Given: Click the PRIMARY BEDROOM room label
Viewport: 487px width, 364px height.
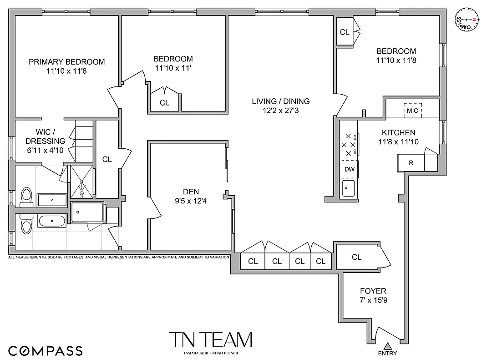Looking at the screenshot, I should point(66,62).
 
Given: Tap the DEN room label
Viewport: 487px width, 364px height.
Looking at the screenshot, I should point(192,192).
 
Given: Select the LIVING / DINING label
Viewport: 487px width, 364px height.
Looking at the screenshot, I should point(280,101).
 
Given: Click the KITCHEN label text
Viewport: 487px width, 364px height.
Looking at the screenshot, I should point(398,132).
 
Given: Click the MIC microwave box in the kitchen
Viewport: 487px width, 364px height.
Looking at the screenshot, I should point(412,111).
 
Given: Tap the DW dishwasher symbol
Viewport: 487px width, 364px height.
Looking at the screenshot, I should point(350,169).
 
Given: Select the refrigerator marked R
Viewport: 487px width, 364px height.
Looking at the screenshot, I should point(411,162).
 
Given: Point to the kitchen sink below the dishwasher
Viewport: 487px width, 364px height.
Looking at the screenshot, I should point(349,188).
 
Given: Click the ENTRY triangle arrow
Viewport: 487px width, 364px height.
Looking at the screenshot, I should point(387,346).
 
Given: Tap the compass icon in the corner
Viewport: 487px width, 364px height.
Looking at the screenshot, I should point(468,20).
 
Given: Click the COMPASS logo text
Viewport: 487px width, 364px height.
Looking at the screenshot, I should point(46,351).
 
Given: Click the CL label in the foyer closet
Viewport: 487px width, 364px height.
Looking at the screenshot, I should point(356,257).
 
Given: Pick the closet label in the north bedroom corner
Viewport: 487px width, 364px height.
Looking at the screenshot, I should point(345,32).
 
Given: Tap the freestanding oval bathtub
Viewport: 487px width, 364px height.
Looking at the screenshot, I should point(51,222).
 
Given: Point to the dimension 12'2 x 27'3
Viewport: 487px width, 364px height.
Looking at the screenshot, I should point(280,110).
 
